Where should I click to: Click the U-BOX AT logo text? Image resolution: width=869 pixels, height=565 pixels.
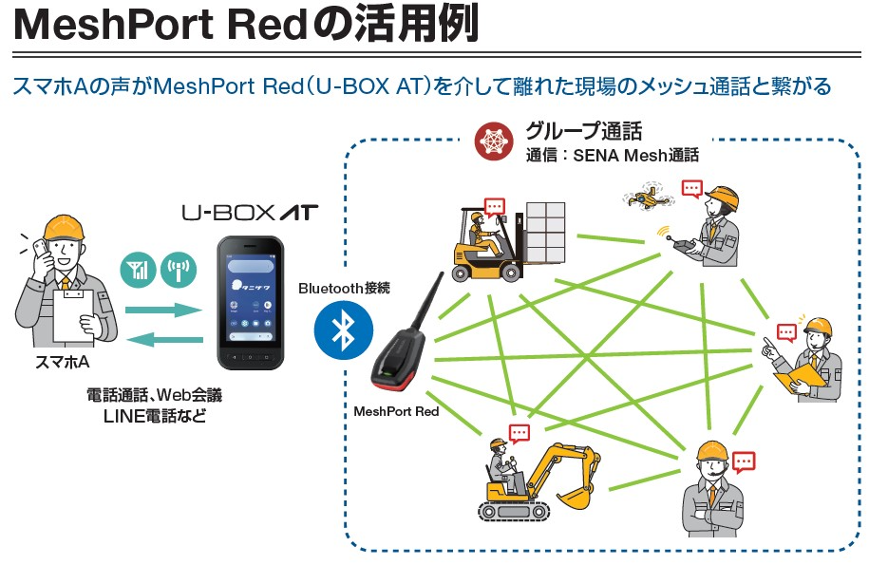tap(250, 213)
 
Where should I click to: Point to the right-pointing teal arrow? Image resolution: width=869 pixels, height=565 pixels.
tap(165, 310)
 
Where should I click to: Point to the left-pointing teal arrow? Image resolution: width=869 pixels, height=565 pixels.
tap(165, 339)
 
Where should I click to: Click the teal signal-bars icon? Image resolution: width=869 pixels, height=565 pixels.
tap(139, 269)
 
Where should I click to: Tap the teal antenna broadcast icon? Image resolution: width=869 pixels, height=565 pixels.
tap(178, 269)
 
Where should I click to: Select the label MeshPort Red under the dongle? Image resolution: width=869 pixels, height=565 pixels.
tap(396, 412)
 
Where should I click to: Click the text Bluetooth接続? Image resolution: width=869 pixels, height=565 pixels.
tap(344, 287)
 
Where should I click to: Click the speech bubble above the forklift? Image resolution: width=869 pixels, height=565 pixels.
tap(494, 206)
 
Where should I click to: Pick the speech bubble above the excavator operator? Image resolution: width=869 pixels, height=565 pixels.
tap(519, 433)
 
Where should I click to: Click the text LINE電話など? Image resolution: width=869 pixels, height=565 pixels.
tap(155, 415)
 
